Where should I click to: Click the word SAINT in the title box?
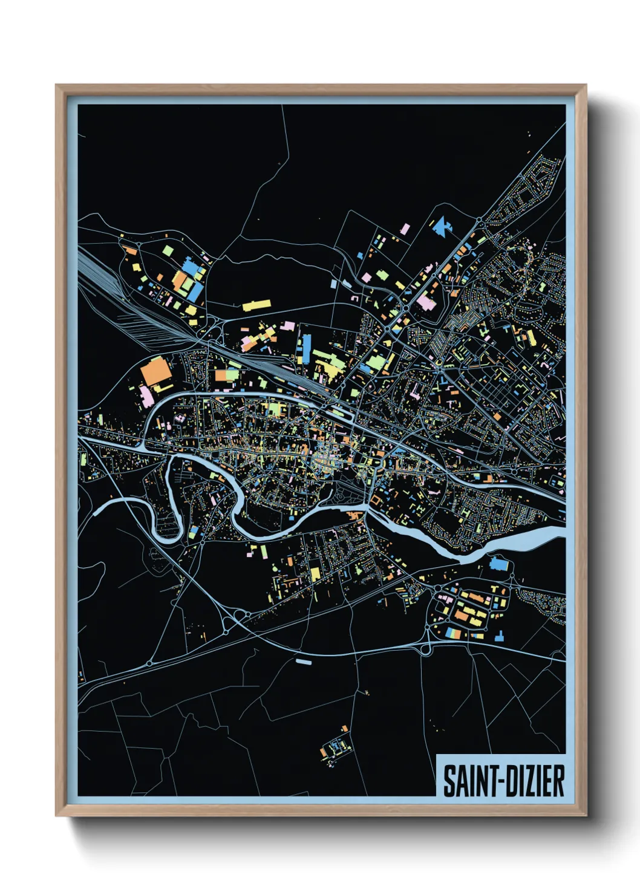[x=469, y=781]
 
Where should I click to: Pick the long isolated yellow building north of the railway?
[x=256, y=305]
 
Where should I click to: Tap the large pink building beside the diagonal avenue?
[x=425, y=302]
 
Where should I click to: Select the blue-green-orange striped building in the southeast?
[x=457, y=633]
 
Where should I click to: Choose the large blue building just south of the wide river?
[x=498, y=564]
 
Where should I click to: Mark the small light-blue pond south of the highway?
[x=303, y=662]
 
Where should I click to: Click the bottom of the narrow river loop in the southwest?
[x=168, y=535]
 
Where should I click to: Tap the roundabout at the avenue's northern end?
[x=478, y=221]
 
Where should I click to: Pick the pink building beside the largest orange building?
[x=147, y=395]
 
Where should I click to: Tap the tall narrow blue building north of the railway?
[x=306, y=350]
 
